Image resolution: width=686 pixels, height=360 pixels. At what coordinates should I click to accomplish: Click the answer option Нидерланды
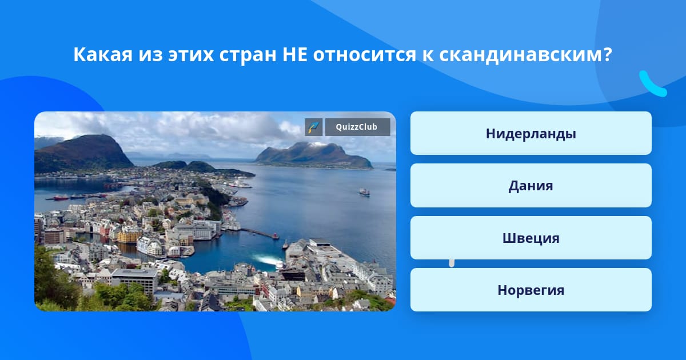(x=531, y=133)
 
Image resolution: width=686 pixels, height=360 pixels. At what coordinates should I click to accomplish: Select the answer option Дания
(x=531, y=186)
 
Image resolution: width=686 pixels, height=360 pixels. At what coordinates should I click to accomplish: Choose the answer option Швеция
(x=531, y=238)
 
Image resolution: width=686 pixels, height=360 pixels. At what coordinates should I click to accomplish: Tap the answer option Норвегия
(x=531, y=290)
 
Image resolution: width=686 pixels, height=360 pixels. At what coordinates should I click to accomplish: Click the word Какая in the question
(x=103, y=54)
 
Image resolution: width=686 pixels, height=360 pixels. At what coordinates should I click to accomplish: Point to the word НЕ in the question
(x=294, y=54)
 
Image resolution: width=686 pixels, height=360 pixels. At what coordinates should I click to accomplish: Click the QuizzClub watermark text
(x=357, y=127)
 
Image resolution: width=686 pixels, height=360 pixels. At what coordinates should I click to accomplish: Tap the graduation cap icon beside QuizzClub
(x=314, y=127)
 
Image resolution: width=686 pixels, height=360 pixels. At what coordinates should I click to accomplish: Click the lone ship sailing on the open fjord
(x=365, y=192)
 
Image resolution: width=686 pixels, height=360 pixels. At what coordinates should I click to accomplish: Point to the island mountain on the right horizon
(x=314, y=156)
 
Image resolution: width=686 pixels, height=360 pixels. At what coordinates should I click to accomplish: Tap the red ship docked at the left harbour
(x=61, y=198)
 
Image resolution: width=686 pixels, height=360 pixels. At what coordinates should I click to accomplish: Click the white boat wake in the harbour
(x=267, y=260)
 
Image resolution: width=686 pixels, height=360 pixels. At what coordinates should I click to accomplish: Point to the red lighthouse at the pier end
(x=276, y=235)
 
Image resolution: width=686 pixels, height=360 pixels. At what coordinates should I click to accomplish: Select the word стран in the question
(x=248, y=55)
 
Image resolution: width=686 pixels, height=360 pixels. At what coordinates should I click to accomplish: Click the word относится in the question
(x=365, y=55)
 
